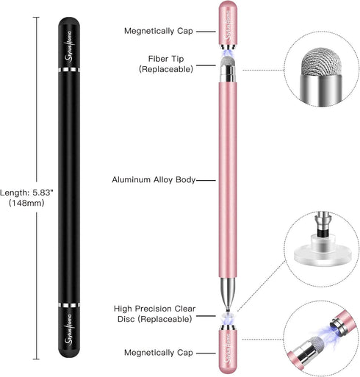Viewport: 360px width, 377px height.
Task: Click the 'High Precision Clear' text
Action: pyautogui.click(x=154, y=309)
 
